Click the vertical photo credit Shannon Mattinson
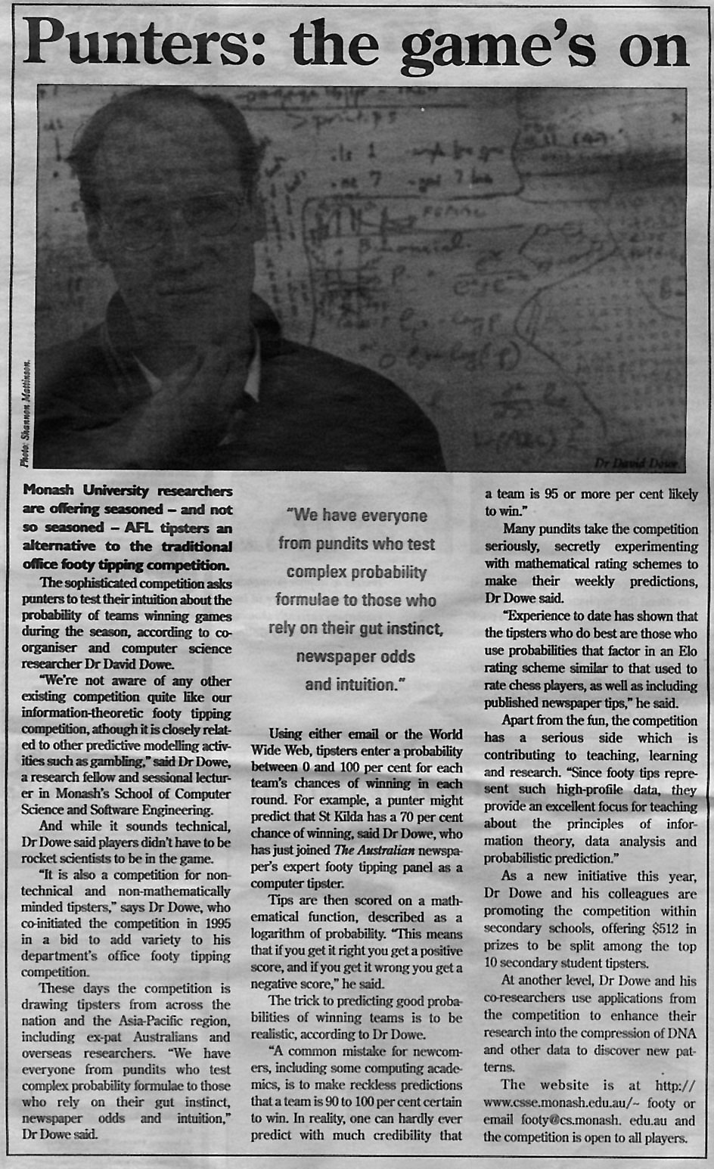tap(25, 413)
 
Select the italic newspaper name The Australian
tap(374, 850)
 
